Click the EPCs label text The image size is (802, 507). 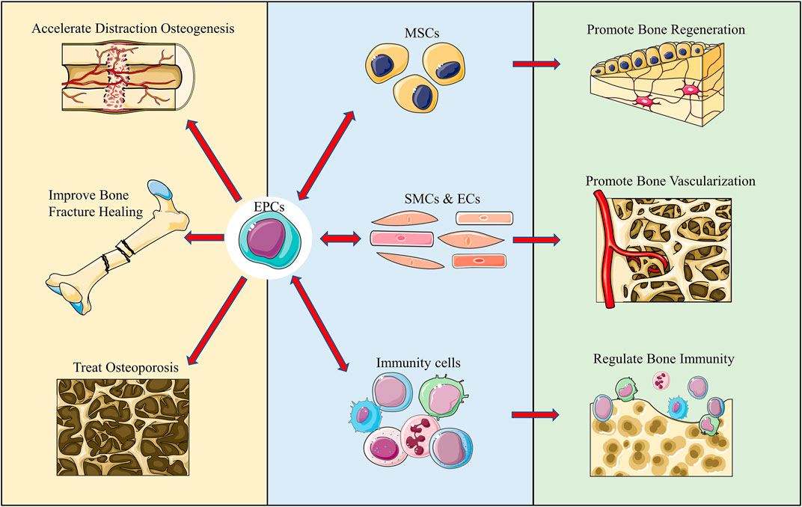(x=269, y=207)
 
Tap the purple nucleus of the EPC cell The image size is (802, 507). (x=266, y=237)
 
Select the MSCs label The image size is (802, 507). (x=422, y=34)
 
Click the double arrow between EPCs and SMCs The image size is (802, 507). (x=340, y=239)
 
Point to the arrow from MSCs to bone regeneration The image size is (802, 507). (x=536, y=64)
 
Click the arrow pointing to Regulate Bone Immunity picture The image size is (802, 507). (x=535, y=414)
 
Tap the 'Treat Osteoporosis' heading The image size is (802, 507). (x=126, y=367)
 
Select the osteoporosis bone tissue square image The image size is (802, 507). (x=123, y=427)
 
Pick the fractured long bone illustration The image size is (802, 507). (x=117, y=246)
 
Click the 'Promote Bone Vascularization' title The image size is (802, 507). (x=670, y=181)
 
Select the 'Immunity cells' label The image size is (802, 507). (x=418, y=363)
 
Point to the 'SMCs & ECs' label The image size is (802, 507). (x=442, y=199)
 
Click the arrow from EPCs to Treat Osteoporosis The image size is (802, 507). (x=218, y=321)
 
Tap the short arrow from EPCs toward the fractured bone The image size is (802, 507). (x=203, y=237)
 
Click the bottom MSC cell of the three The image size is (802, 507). (x=416, y=93)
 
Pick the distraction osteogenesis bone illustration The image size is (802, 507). (x=128, y=76)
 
